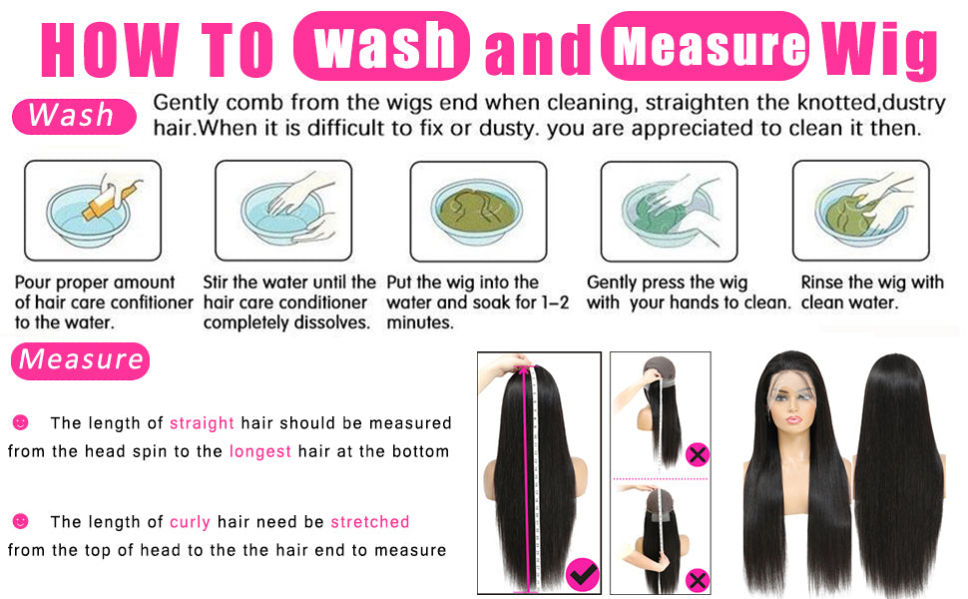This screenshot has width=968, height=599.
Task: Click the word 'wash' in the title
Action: pyautogui.click(x=383, y=45)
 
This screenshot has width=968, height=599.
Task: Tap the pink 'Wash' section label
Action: pyautogui.click(x=74, y=116)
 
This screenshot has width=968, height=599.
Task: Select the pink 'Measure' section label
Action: pyautogui.click(x=80, y=360)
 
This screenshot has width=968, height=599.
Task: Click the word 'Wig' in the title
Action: pyautogui.click(x=879, y=49)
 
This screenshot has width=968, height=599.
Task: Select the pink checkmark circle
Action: pyautogui.click(x=582, y=574)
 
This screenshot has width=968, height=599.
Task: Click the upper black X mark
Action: pyautogui.click(x=698, y=455)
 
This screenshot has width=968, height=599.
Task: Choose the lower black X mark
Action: pyautogui.click(x=698, y=580)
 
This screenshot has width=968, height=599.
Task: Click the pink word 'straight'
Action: pyautogui.click(x=202, y=423)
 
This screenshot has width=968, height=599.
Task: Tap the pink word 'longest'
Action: pyautogui.click(x=259, y=451)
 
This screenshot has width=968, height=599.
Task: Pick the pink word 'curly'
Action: pyautogui.click(x=190, y=522)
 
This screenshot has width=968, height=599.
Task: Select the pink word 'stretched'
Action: pyautogui.click(x=370, y=522)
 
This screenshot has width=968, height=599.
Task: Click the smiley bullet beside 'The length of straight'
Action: pyautogui.click(x=20, y=422)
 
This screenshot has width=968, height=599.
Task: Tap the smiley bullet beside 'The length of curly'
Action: pyautogui.click(x=20, y=521)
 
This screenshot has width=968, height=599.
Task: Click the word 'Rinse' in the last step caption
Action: pyautogui.click(x=822, y=283)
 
